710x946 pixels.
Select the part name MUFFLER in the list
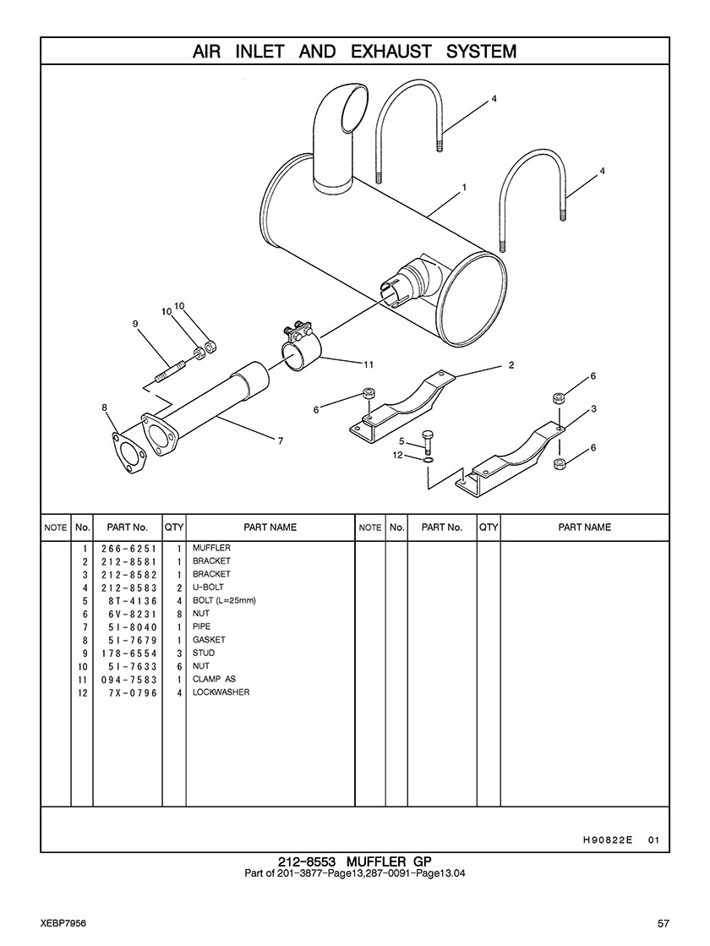tap(211, 549)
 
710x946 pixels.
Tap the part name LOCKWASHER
tap(221, 693)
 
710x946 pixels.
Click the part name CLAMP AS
tap(214, 680)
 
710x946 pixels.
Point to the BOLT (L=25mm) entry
tap(224, 601)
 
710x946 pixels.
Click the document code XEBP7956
tap(62, 922)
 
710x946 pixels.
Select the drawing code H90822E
tap(608, 840)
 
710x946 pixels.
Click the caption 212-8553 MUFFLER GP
tap(355, 861)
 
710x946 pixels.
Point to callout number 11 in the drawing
tap(369, 365)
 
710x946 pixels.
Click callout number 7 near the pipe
tap(280, 440)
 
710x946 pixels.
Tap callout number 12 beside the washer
tap(397, 456)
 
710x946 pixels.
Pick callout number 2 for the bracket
tap(511, 366)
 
